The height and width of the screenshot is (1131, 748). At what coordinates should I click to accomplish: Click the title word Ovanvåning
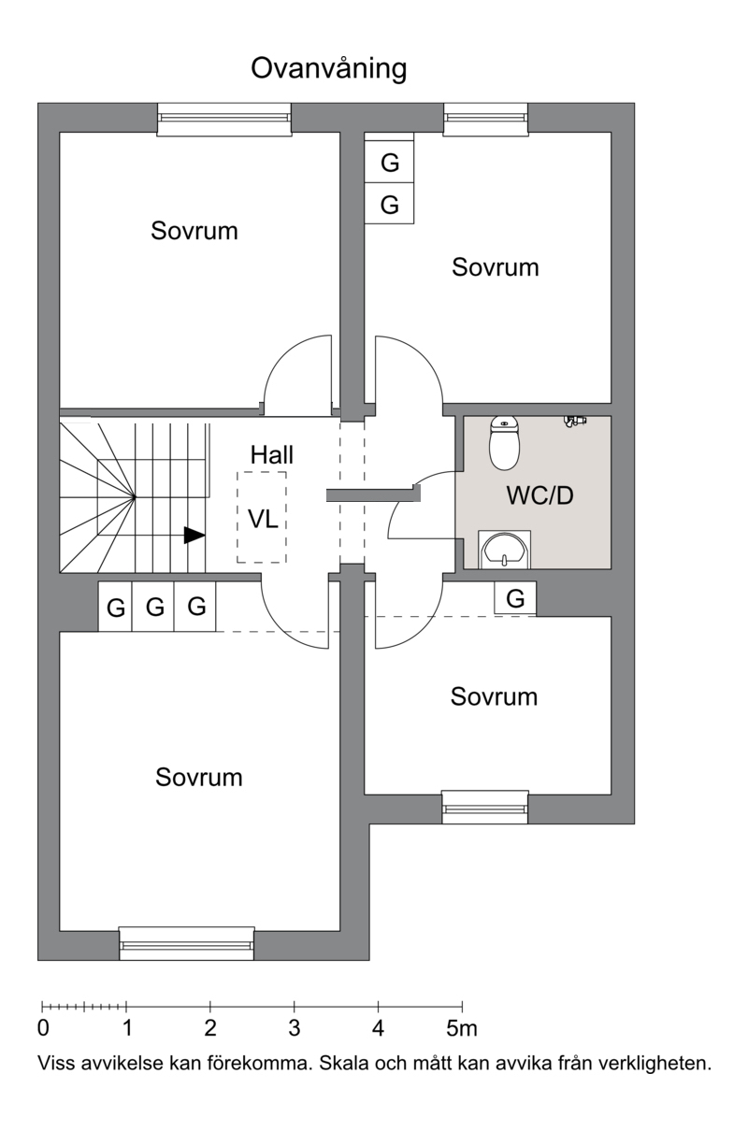329,68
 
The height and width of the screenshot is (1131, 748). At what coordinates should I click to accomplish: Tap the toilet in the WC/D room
504,443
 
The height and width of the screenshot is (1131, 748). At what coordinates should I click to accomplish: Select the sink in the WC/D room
504,550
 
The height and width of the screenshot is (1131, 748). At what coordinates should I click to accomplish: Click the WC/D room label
539,495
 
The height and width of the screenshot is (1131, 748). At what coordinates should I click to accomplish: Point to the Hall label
272,455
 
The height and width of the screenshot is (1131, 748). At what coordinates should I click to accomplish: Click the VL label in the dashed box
263,519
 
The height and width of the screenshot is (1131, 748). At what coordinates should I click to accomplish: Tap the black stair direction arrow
194,536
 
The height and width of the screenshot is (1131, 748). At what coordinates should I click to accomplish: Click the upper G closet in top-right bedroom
389,163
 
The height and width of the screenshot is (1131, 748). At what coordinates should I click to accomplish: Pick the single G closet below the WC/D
515,598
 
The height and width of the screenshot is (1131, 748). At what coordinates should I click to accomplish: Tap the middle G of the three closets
153,607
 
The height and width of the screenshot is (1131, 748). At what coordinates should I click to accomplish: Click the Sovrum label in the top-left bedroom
194,231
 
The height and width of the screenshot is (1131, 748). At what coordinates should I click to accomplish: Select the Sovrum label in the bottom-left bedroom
199,777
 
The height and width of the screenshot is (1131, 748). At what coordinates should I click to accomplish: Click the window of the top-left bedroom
224,120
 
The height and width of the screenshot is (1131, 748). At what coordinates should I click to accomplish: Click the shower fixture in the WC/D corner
575,422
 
